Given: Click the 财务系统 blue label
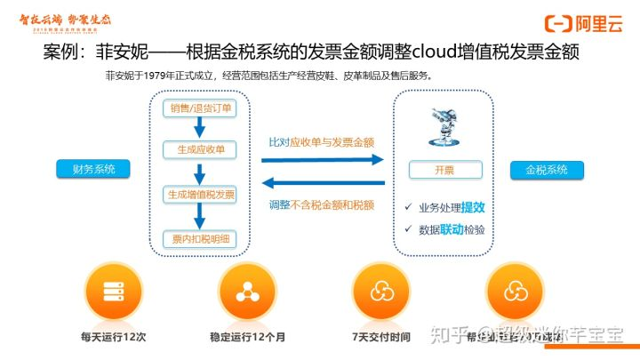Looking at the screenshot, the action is [x=92, y=169].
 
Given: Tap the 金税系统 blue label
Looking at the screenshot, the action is [x=547, y=169].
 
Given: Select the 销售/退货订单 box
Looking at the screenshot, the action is [x=202, y=108].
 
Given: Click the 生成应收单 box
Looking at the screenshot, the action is [x=202, y=150].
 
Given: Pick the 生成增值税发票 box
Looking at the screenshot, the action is [x=202, y=194].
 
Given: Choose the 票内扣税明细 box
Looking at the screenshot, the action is [x=202, y=236].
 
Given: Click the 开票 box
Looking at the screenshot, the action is [x=444, y=169].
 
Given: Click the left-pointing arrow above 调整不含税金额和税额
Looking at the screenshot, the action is [x=322, y=184].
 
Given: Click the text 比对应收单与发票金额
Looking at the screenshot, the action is [x=321, y=141].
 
